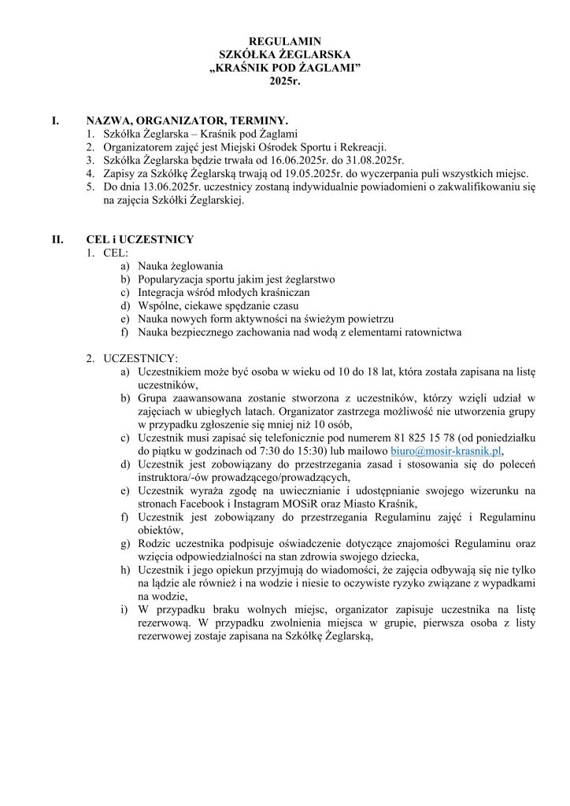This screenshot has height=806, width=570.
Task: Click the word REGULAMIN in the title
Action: tap(285, 40)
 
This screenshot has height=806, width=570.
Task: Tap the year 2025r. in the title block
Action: tap(285, 80)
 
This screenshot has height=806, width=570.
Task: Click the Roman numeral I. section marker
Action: tap(54, 120)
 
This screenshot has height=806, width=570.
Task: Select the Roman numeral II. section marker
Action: tap(57, 238)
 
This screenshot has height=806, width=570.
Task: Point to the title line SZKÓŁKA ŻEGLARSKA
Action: tap(285, 54)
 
